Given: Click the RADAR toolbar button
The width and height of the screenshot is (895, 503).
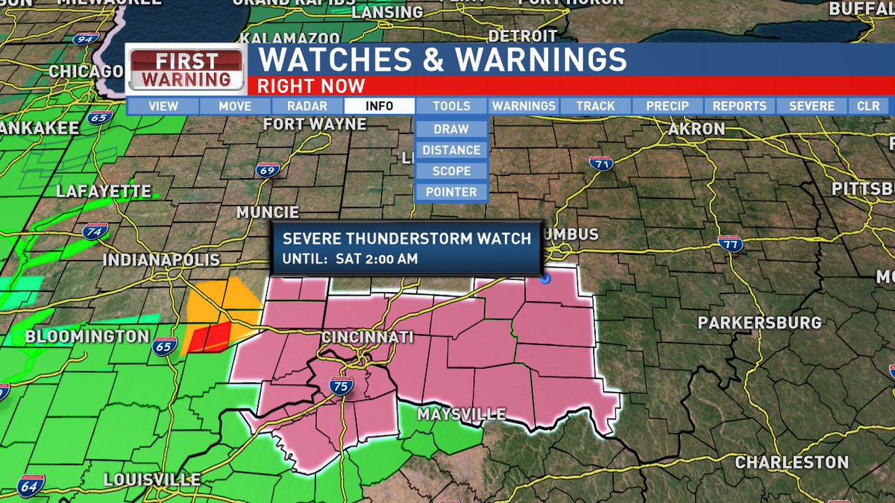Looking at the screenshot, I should (307, 106).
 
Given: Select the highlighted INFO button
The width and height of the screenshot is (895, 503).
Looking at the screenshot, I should (379, 106).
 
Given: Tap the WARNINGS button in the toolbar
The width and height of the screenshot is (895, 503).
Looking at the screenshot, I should (524, 106).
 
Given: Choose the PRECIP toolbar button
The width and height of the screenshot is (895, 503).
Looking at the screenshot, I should (668, 106).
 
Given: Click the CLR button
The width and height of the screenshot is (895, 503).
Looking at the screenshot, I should (868, 106).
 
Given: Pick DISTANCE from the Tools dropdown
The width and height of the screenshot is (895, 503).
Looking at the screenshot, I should (451, 150).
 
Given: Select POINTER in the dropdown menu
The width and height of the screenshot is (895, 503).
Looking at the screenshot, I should (451, 192).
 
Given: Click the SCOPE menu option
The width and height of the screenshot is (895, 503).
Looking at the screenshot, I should (451, 171).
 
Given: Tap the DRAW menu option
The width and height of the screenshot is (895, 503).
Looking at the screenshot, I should (451, 129).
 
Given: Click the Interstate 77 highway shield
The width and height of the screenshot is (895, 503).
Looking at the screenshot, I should (730, 242).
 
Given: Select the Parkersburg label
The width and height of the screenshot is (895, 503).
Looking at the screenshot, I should (759, 323).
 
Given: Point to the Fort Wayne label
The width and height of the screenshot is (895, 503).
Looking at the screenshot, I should (315, 124).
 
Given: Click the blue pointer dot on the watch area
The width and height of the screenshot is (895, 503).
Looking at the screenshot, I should (545, 279).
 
